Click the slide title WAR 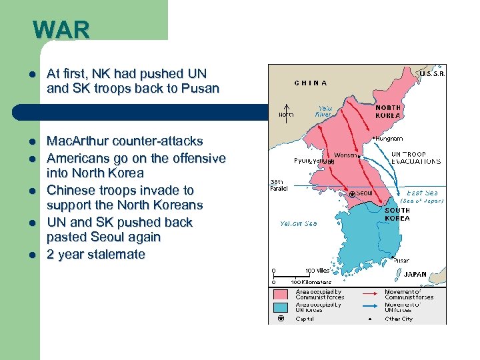(x=61, y=30)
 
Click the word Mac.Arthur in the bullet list (x=76, y=141)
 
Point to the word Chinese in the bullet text (x=70, y=190)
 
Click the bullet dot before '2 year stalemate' (x=31, y=255)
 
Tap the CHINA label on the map (x=311, y=83)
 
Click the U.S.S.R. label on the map (x=432, y=74)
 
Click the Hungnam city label (x=389, y=139)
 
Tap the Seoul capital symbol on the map (x=352, y=194)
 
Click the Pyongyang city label (x=311, y=161)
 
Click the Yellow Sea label (x=298, y=224)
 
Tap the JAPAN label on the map (x=415, y=274)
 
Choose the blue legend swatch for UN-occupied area (x=280, y=307)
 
